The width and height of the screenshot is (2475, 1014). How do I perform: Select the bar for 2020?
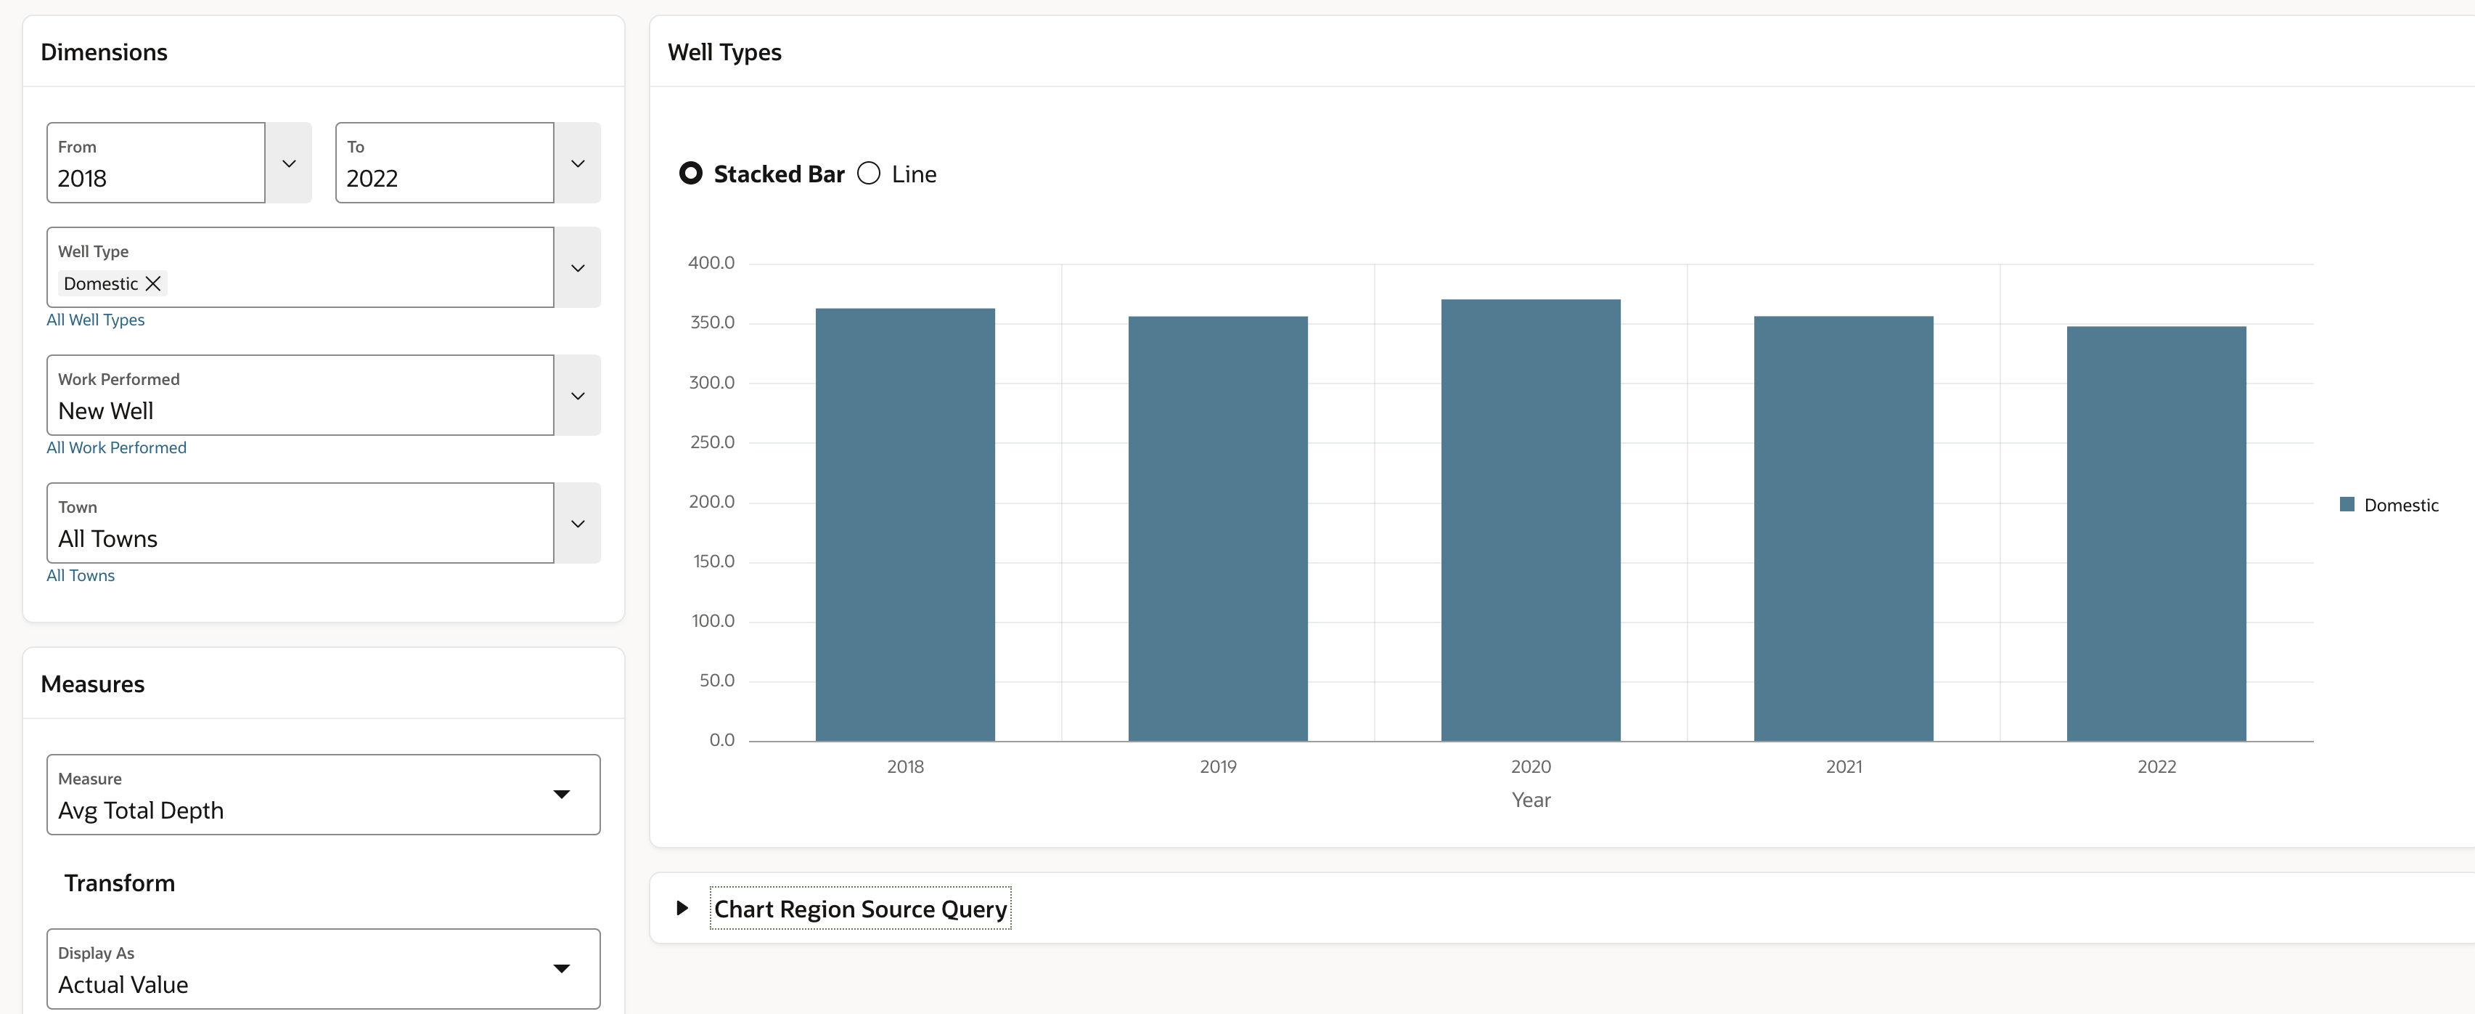click(1531, 520)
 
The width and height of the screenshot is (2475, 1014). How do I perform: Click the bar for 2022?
click(2156, 533)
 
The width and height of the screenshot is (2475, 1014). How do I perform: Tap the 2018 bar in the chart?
click(905, 524)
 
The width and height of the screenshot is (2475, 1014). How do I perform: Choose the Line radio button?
click(869, 174)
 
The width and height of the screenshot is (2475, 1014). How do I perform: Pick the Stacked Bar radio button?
click(691, 174)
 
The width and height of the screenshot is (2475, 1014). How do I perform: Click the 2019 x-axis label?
click(1217, 767)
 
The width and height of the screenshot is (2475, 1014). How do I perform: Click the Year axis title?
click(1531, 800)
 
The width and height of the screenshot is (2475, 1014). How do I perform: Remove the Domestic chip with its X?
click(152, 283)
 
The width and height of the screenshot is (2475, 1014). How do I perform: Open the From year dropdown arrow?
click(289, 163)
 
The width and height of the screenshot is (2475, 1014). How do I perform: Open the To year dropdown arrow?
click(578, 163)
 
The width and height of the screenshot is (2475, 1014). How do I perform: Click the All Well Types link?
click(95, 320)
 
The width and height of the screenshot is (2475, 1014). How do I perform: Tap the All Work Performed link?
click(116, 448)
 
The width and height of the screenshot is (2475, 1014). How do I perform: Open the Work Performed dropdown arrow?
click(578, 396)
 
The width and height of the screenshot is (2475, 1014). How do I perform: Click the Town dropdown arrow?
click(578, 524)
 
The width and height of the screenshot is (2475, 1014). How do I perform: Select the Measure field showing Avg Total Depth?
click(323, 795)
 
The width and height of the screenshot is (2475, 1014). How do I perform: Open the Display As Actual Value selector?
click(323, 969)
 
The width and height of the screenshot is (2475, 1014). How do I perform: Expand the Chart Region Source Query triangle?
click(682, 908)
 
